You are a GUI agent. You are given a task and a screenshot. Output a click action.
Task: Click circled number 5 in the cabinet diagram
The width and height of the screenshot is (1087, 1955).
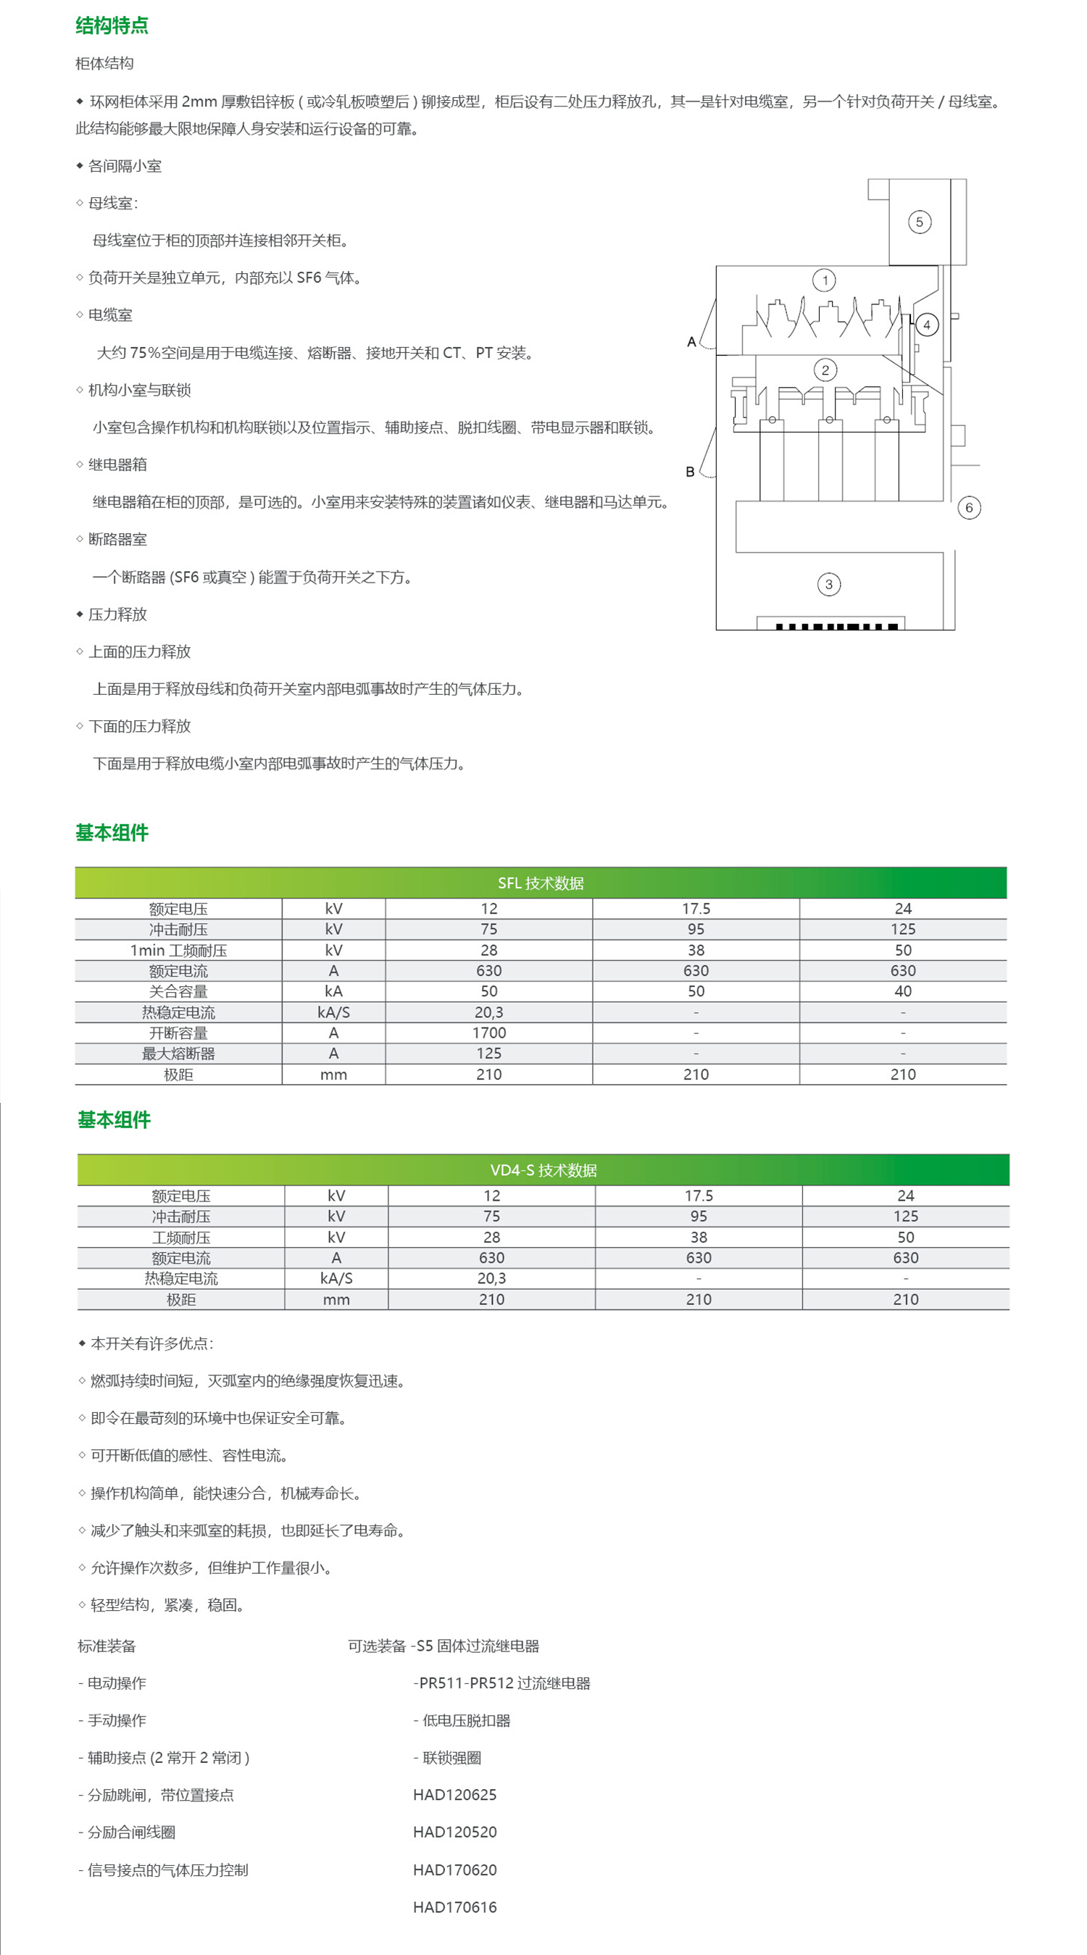[920, 222]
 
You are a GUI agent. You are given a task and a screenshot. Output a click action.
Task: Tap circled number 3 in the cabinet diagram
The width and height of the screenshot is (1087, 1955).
[829, 584]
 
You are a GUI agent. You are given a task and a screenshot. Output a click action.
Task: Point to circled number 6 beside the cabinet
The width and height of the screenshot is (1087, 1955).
[969, 508]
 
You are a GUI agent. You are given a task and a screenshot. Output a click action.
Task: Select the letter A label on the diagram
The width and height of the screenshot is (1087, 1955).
[691, 342]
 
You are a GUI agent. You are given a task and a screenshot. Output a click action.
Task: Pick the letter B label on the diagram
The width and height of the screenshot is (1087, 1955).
[690, 472]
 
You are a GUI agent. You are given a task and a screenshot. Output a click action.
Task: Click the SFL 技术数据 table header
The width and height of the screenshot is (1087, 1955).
[541, 883]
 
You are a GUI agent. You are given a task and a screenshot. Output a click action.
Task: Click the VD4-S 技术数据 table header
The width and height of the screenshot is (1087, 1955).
[543, 1170]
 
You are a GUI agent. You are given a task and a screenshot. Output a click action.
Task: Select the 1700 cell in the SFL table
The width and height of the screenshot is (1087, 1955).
[489, 1033]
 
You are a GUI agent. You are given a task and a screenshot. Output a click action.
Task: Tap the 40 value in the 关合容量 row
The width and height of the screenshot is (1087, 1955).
[902, 991]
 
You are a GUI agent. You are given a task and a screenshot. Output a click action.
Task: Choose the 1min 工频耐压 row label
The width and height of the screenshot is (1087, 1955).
[178, 950]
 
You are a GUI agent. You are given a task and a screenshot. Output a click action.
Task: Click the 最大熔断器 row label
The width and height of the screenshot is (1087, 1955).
[178, 1054]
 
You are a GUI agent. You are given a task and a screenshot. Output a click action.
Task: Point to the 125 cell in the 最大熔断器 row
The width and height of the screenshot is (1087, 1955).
[489, 1054]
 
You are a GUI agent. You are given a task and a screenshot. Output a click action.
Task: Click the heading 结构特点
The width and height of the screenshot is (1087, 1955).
[112, 26]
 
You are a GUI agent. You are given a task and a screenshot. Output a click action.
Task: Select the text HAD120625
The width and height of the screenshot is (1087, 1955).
[454, 1795]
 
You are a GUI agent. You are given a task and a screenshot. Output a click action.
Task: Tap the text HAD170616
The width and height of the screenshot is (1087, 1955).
[454, 1907]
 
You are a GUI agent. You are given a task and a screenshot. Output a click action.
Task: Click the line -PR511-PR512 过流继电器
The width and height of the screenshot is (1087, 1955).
[501, 1683]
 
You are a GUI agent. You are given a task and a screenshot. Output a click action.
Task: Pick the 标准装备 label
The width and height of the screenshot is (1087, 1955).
[107, 1646]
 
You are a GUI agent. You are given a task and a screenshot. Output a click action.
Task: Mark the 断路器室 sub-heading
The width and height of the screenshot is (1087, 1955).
[117, 540]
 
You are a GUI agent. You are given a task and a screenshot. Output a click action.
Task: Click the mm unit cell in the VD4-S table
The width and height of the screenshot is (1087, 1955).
[336, 1299]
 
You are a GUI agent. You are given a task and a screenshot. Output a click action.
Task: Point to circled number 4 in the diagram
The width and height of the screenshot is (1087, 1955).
[926, 325]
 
